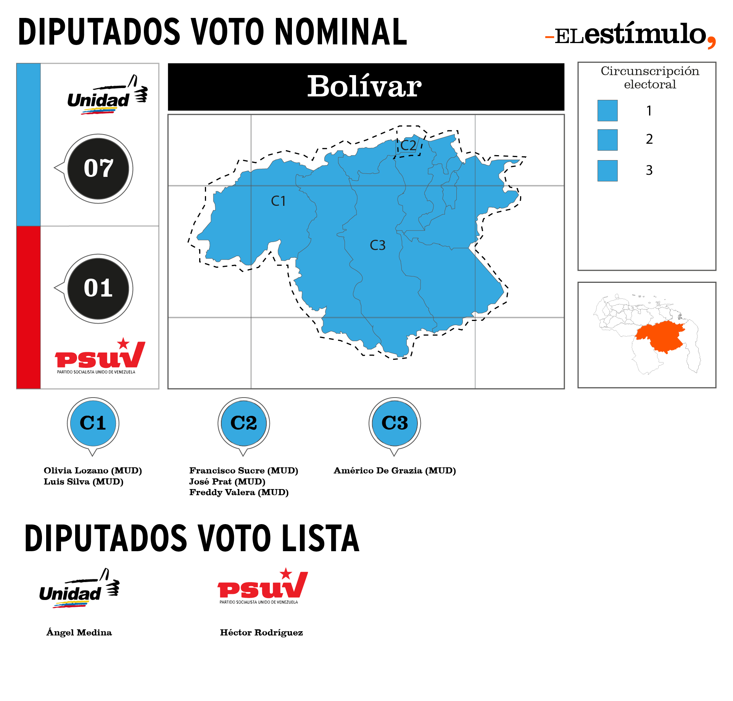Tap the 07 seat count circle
coord(98,168)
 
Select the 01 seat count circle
coord(98,289)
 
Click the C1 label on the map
coord(278,201)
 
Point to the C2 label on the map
coord(408,145)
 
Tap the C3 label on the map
coord(378,245)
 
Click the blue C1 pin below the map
coord(93,426)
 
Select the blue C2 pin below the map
coord(244,426)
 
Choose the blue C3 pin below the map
coord(395,426)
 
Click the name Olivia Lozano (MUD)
coord(93,471)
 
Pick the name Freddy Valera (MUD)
coord(239,492)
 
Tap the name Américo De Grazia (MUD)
coord(395,471)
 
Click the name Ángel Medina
coord(79,632)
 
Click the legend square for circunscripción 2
coord(607,140)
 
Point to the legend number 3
coord(649,170)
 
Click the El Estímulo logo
coord(631,35)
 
